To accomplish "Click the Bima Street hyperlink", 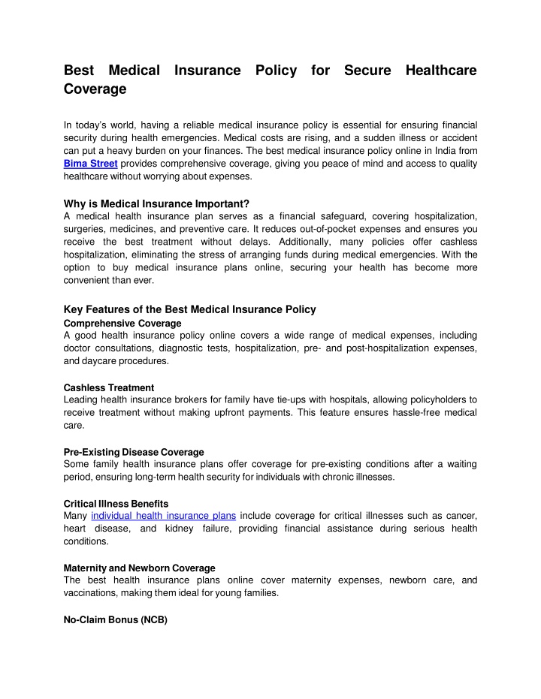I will pos(91,164).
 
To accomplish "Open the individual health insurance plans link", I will pos(164,515).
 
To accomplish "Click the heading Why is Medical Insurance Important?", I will pos(156,203).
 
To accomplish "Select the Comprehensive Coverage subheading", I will pos(122,323).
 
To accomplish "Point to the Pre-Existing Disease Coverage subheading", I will pos(134,452).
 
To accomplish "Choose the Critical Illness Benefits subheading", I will pos(116,503).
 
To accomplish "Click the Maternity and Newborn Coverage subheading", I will pos(140,568).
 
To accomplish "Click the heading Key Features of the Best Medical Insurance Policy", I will pos(190,309).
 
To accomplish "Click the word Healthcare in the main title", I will pos(441,71).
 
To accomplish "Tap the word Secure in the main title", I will pos(367,71).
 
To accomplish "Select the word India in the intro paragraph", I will pos(440,151).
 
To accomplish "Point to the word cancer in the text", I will pos(458,515).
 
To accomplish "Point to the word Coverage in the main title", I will pos(95,89).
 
